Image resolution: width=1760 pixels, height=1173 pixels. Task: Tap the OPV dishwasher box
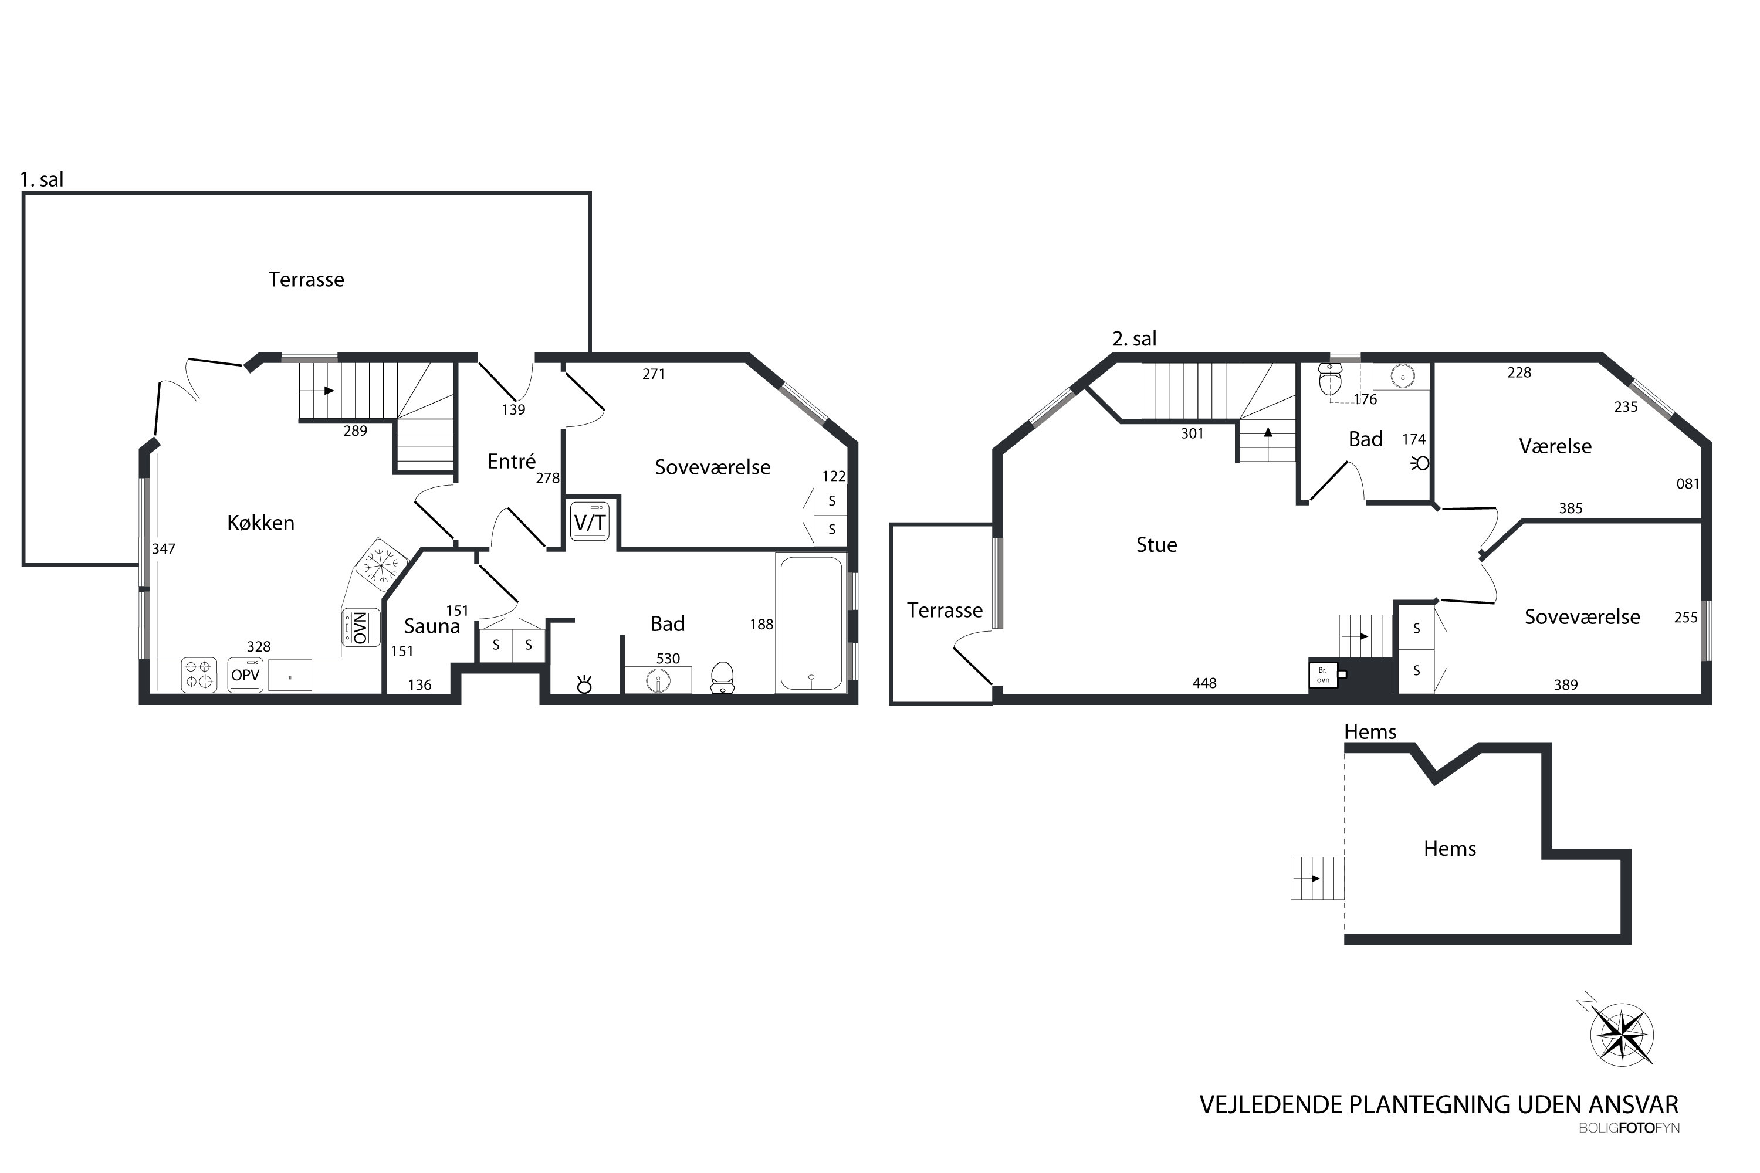pyautogui.click(x=245, y=675)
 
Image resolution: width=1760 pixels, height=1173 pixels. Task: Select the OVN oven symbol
pyautogui.click(x=361, y=628)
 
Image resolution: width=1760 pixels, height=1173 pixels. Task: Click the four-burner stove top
pyautogui.click(x=199, y=675)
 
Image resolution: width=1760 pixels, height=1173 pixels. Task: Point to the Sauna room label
pyautogui.click(x=432, y=626)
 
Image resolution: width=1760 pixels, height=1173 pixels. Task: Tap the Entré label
pyautogui.click(x=512, y=461)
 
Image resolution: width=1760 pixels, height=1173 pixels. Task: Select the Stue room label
pyautogui.click(x=1156, y=545)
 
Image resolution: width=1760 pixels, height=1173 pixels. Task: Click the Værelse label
pyautogui.click(x=1555, y=446)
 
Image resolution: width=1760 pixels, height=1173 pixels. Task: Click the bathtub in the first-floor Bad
pyautogui.click(x=811, y=623)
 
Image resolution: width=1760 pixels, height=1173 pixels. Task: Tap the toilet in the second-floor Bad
pyautogui.click(x=1329, y=381)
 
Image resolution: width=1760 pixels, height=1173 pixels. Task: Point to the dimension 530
pyautogui.click(x=668, y=658)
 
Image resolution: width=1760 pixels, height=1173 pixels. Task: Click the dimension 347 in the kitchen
pyautogui.click(x=163, y=549)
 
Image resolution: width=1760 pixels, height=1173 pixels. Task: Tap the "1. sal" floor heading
pyautogui.click(x=42, y=179)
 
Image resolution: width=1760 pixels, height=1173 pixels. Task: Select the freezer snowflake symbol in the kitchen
pyautogui.click(x=381, y=562)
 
